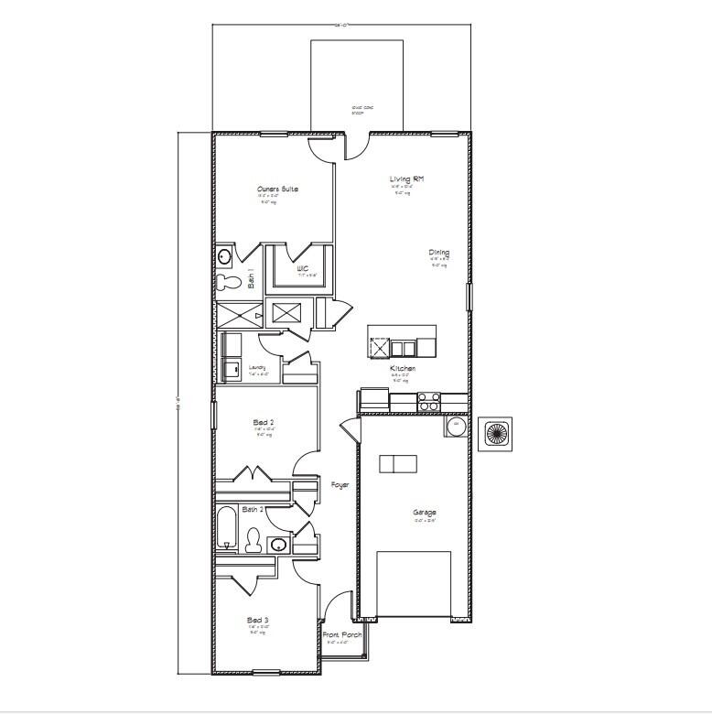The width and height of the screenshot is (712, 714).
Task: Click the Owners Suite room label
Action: click(277, 189)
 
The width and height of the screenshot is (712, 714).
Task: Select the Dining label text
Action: click(439, 253)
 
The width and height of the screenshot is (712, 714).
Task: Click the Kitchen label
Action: click(403, 367)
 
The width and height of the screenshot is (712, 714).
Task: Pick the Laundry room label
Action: click(258, 368)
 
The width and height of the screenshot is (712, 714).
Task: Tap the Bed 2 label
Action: click(264, 423)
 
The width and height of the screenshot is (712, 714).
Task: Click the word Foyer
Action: click(340, 484)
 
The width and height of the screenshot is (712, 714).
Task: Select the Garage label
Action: click(424, 513)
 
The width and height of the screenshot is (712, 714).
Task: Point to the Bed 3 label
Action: click(257, 620)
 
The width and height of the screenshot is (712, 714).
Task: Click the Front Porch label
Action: click(342, 634)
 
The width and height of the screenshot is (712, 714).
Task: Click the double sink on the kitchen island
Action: click(402, 347)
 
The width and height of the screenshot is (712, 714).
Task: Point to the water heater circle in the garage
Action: click(454, 426)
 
